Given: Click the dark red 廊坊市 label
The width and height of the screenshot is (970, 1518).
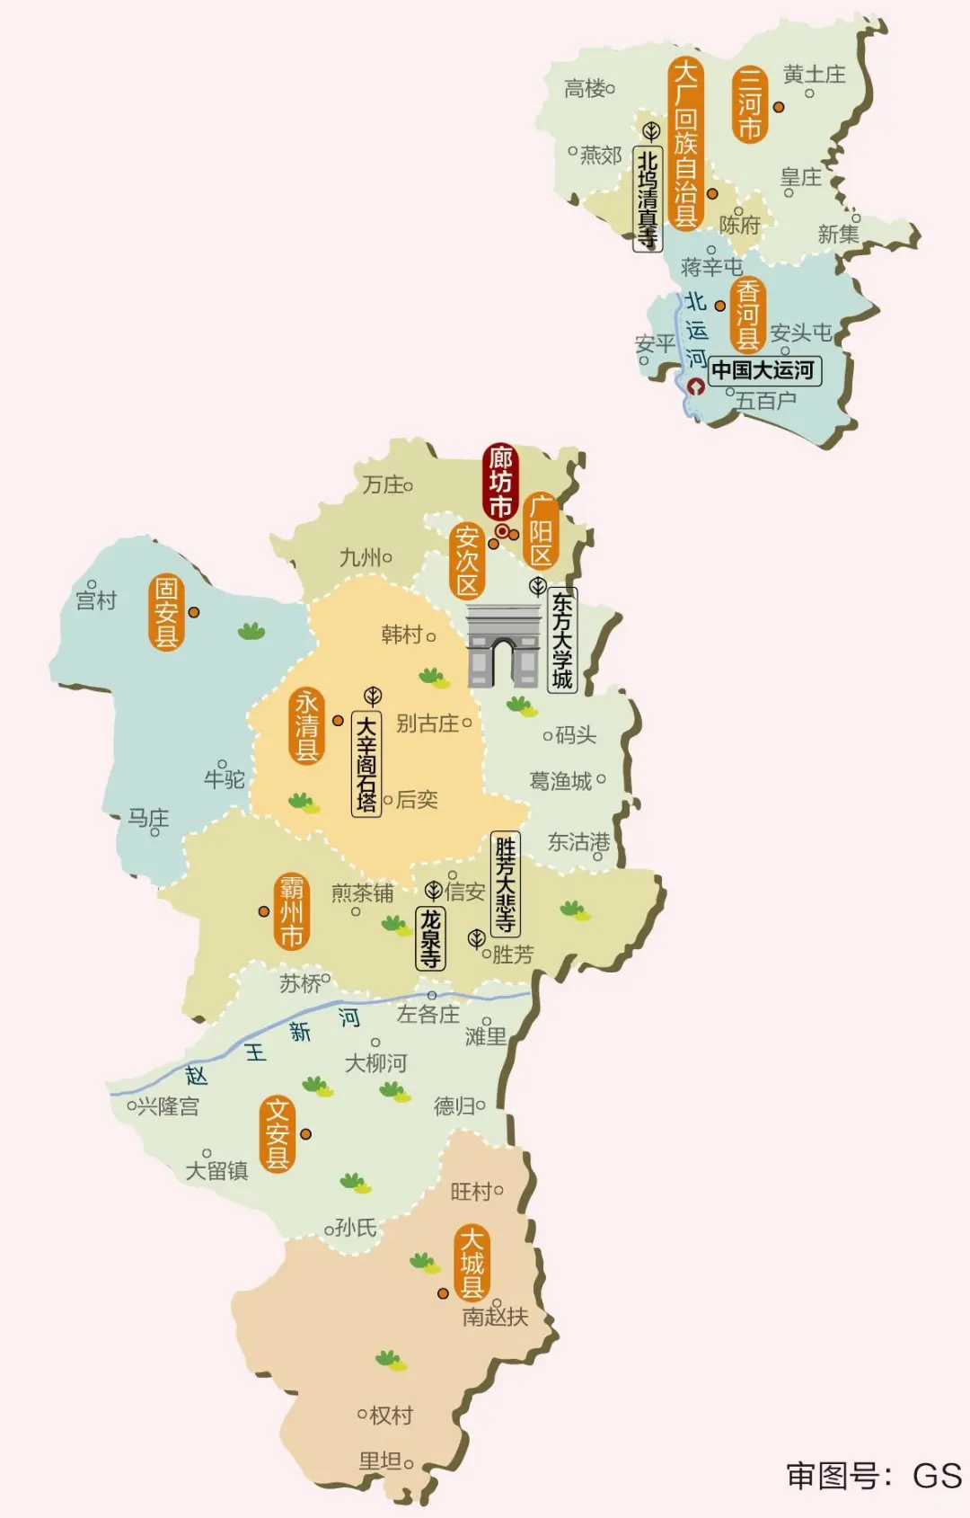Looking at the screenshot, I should point(500,482).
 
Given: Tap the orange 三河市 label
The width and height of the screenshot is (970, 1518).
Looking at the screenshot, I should point(750,104).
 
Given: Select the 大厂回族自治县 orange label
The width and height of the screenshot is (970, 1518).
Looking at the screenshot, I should point(685,144).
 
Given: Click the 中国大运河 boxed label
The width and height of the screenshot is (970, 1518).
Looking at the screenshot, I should point(764,370).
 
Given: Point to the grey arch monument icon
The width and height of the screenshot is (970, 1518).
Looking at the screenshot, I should point(503,646).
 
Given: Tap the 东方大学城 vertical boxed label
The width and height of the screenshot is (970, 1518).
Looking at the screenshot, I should point(562,640).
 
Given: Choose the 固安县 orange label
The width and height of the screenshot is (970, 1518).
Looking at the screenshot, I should point(166,612).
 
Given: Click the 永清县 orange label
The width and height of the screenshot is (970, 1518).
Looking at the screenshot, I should point(307,725).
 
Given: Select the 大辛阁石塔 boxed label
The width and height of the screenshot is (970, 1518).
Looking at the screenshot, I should point(366,763).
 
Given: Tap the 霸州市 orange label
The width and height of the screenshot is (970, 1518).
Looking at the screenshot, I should point(291,911).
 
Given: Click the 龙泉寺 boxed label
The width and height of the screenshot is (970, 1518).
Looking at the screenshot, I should point(431,937).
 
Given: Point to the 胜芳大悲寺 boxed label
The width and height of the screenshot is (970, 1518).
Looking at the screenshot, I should point(506,884).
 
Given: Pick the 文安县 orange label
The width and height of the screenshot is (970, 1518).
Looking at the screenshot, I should point(278,1133).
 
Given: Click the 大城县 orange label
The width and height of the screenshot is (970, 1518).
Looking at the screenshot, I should point(472,1263).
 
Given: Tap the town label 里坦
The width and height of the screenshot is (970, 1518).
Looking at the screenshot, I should point(380,1462).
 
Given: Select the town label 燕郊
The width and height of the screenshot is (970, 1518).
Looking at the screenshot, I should point(600,155).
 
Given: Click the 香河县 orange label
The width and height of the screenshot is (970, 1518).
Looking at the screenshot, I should point(748,315).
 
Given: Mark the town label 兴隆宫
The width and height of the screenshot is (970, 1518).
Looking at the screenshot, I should point(167,1106).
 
